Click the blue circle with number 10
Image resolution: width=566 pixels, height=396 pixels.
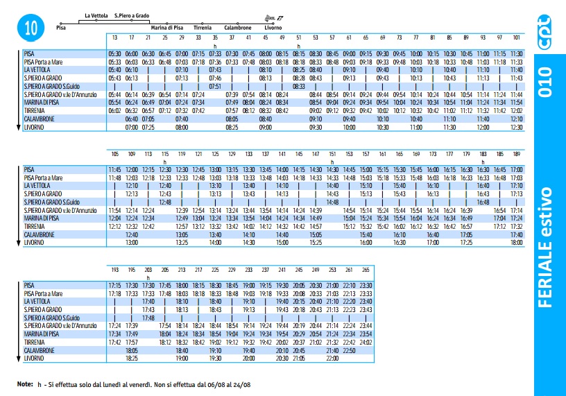pyautogui.click(x=31, y=28)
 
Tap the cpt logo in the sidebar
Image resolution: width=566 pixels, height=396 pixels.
pyautogui.click(x=544, y=32)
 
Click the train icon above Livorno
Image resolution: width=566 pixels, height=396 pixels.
pyautogui.click(x=274, y=18)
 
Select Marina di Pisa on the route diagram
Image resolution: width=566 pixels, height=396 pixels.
pyautogui.click(x=166, y=28)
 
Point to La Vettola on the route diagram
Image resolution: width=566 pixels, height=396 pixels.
pyautogui.click(x=96, y=15)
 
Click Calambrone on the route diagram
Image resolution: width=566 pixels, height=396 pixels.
pyautogui.click(x=237, y=28)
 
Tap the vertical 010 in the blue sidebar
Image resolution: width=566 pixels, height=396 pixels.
pyautogui.click(x=545, y=82)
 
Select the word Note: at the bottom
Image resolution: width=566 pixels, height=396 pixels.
pyautogui.click(x=25, y=384)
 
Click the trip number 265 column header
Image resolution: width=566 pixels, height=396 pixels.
pyautogui.click(x=366, y=270)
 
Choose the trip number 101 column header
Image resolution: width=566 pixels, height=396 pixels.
pyautogui.click(x=517, y=37)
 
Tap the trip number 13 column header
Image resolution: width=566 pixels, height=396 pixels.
pyautogui.click(x=114, y=37)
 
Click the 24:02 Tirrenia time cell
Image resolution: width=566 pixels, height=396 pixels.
pyautogui.click(x=366, y=342)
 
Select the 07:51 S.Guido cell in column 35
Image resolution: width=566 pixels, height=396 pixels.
pyautogui.click(x=215, y=86)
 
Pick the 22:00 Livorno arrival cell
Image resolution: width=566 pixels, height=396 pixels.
pyautogui.click(x=332, y=359)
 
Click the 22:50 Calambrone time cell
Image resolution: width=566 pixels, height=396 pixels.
pyautogui.click(x=349, y=350)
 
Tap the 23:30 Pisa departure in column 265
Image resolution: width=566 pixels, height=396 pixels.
pyautogui.click(x=366, y=286)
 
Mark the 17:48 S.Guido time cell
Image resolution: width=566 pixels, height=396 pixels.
pyautogui.click(x=148, y=318)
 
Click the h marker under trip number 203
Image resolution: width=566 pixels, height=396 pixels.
pyautogui.click(x=148, y=278)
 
